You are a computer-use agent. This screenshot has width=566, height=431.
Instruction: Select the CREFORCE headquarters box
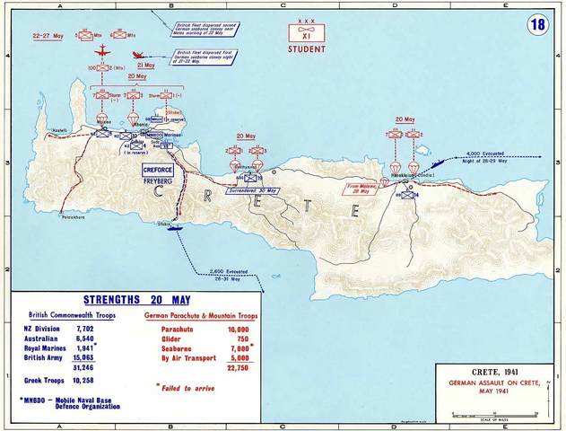coord(156,169)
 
